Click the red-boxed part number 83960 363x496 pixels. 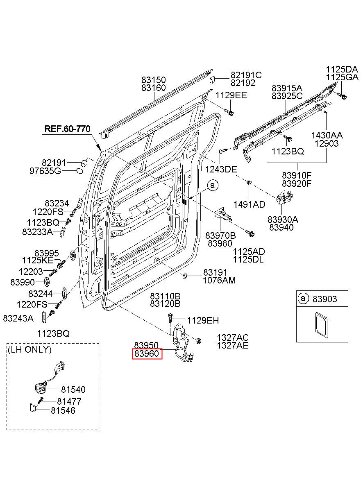pyautogui.click(x=147, y=353)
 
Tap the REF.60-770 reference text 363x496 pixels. pyautogui.click(x=67, y=129)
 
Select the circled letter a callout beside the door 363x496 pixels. pyautogui.click(x=213, y=186)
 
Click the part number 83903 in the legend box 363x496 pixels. pyautogui.click(x=324, y=299)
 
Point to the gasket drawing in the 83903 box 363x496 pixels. pyautogui.click(x=322, y=326)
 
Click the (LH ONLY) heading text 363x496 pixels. pyautogui.click(x=29, y=349)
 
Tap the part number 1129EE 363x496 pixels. pyautogui.click(x=231, y=95)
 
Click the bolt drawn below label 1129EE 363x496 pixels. pyautogui.click(x=229, y=112)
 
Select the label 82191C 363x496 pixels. pyautogui.click(x=246, y=75)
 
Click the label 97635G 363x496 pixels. pyautogui.click(x=45, y=171)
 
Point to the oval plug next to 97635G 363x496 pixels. pyautogui.click(x=79, y=171)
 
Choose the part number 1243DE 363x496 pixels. pyautogui.click(x=221, y=170)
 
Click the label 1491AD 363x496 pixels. pyautogui.click(x=249, y=205)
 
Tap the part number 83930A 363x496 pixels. pyautogui.click(x=283, y=220)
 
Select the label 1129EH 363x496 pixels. pyautogui.click(x=203, y=320)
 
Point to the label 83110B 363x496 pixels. pyautogui.click(x=165, y=296)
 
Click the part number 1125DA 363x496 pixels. pyautogui.click(x=342, y=69)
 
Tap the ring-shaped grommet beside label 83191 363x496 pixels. pyautogui.click(x=185, y=276)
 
